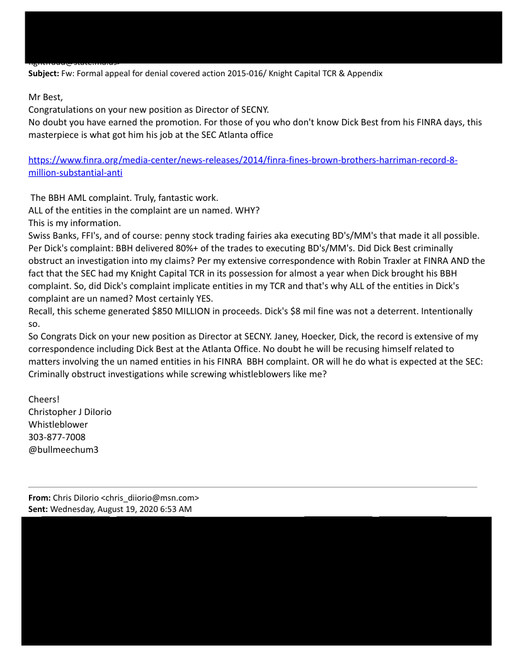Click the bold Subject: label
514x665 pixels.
43,73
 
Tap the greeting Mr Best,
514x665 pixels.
46,97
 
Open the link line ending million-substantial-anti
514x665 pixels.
76,172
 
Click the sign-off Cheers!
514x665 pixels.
45,399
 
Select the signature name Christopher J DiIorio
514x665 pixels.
70,412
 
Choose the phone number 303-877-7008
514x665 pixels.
57,437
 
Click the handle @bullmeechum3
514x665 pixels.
64,450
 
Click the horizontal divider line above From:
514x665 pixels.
252,487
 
